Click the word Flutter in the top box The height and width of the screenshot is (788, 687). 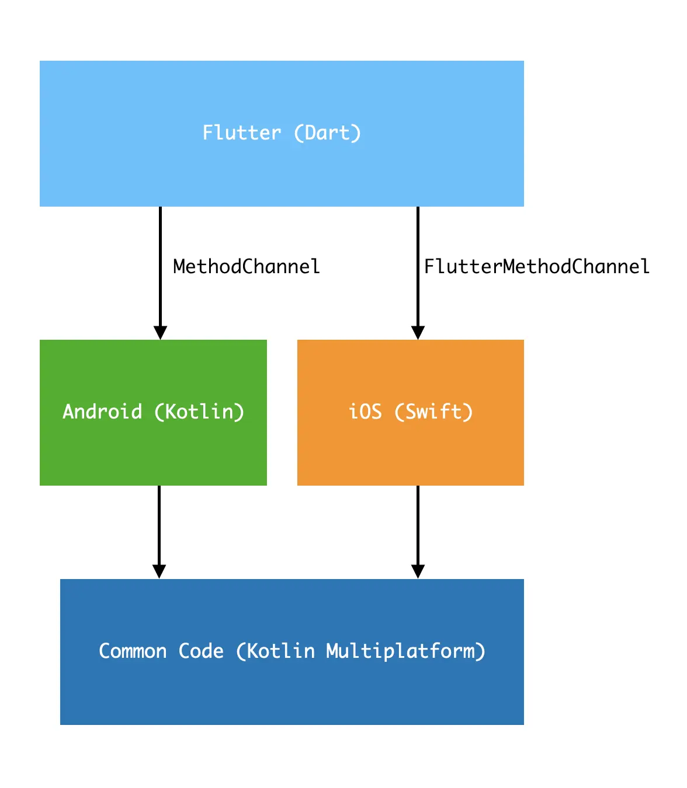coord(241,133)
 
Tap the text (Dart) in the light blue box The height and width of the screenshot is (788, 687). coord(327,133)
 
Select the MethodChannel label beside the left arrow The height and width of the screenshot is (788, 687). coord(247,267)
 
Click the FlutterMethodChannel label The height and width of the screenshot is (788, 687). coord(536,267)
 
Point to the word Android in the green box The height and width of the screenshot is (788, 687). coord(102,412)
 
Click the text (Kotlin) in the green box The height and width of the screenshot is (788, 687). coord(199,412)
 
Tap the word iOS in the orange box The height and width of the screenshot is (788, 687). coord(365,412)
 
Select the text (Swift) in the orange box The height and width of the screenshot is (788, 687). coord(434,412)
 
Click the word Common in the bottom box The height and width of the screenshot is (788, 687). coord(133,651)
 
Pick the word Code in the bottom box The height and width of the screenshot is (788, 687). coord(201,651)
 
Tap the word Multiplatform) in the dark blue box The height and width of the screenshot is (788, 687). coord(406,651)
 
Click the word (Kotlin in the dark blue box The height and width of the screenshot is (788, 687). coord(275,651)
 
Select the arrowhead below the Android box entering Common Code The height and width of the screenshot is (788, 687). coord(159,571)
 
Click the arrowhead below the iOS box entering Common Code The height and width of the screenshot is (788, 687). coord(418,571)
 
